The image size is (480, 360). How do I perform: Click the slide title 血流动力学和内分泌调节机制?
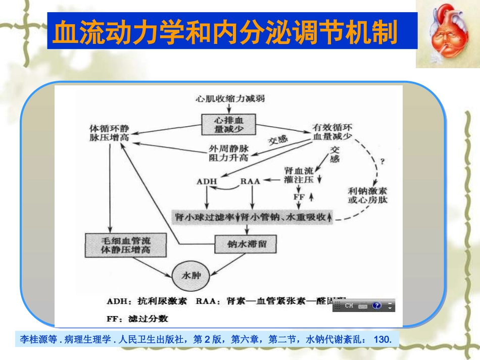point(225,31)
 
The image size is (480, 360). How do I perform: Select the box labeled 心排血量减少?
point(229,124)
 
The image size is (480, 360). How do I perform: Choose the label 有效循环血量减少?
point(331,132)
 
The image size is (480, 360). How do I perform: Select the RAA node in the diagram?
point(250,181)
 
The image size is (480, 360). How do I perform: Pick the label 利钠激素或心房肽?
point(367,195)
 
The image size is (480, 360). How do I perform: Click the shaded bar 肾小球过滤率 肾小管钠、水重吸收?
point(253,217)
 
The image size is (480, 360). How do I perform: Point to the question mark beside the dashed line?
point(382,162)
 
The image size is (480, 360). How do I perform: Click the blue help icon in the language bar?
point(376,305)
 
